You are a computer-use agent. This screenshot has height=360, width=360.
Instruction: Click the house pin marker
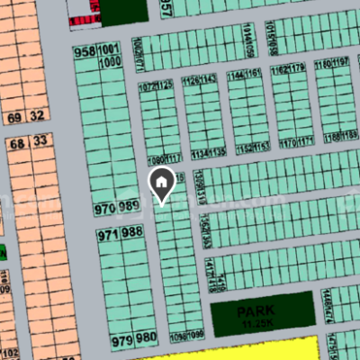(x=161, y=183)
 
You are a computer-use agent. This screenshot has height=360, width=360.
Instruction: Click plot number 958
(x=85, y=50)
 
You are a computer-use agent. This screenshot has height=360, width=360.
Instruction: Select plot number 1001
(x=109, y=50)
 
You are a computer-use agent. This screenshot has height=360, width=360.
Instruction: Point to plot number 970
(x=105, y=209)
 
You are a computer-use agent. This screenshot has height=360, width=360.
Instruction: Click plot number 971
(x=108, y=233)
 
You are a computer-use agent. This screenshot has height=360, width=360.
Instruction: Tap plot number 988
(x=132, y=233)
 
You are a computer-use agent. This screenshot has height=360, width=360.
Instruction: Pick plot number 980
(x=146, y=339)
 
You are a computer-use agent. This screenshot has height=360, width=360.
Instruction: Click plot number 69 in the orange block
(x=13, y=116)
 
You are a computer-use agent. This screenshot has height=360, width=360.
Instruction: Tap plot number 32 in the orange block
(x=37, y=116)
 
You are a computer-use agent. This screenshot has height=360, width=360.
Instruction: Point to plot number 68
(x=17, y=142)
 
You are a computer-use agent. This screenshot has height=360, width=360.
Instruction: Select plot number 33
(x=41, y=141)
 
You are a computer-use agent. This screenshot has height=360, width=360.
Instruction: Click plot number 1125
(x=164, y=86)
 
